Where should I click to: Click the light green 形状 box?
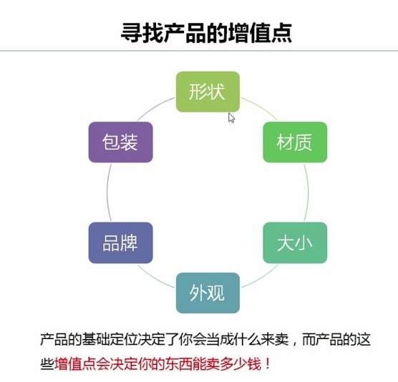tap(208, 92)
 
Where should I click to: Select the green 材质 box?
tap(295, 142)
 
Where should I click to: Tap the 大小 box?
tap(295, 243)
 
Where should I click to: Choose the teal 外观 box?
tap(208, 293)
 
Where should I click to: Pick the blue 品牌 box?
tap(120, 243)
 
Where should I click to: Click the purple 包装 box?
tap(120, 142)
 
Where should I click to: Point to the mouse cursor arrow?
tap(231, 118)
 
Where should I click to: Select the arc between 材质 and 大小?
tap(308, 192)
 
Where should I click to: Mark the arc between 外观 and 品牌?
tap(155, 278)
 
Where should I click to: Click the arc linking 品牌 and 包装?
tap(107, 192)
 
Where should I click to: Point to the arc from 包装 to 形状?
tap(155, 107)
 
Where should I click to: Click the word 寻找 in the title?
tap(142, 32)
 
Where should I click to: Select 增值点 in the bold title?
tap(260, 32)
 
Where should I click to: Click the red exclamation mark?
tap(267, 364)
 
